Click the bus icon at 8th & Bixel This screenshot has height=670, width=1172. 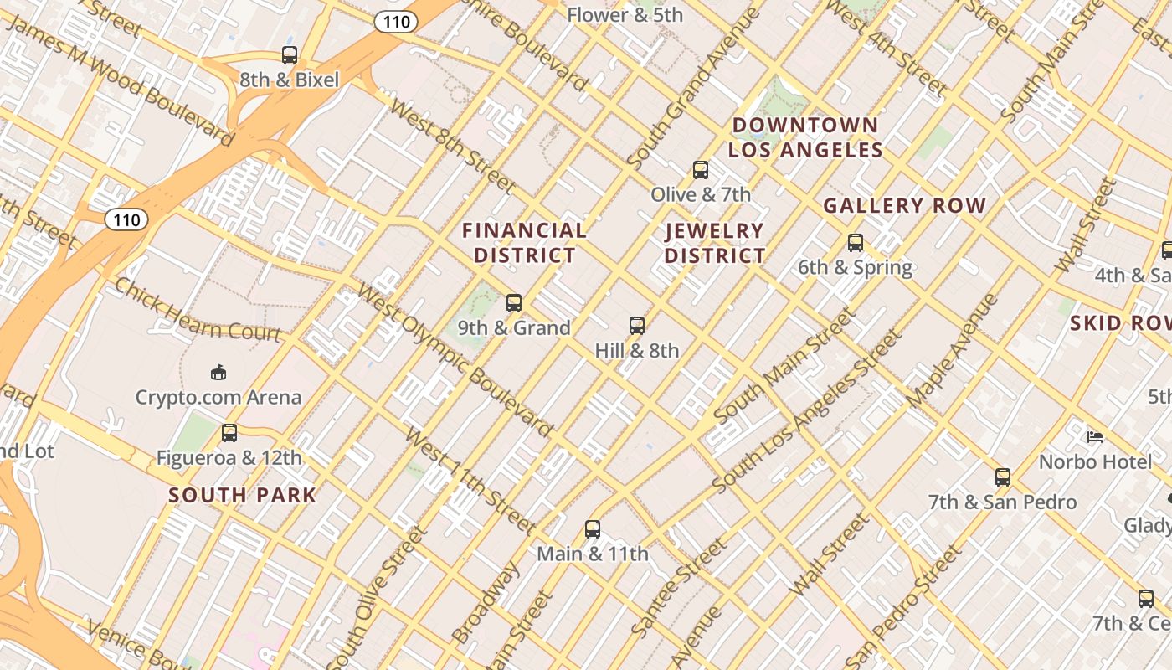coord(290,55)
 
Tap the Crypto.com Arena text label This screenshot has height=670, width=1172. coord(218,397)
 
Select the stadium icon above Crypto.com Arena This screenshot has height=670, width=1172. coord(218,372)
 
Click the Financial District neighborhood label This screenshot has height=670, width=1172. coord(525,243)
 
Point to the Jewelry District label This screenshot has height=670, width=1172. coord(715,243)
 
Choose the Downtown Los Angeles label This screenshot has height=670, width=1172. coord(805,138)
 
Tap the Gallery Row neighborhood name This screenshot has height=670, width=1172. coord(905,205)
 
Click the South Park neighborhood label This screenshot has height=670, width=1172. coord(243,495)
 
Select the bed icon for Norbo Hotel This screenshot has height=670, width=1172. coord(1094,436)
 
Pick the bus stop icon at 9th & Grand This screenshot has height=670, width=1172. coord(514,303)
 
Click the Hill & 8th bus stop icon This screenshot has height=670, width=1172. coord(637,326)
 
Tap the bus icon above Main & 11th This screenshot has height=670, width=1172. coord(593,529)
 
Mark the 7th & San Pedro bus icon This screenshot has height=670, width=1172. coord(1003,477)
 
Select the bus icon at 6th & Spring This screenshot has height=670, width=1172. coord(855,243)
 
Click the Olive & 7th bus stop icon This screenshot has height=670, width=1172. coord(701,170)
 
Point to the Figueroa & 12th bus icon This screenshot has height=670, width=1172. coord(229,433)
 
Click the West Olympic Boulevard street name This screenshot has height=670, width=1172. coord(455,360)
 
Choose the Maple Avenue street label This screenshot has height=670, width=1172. coord(953,352)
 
